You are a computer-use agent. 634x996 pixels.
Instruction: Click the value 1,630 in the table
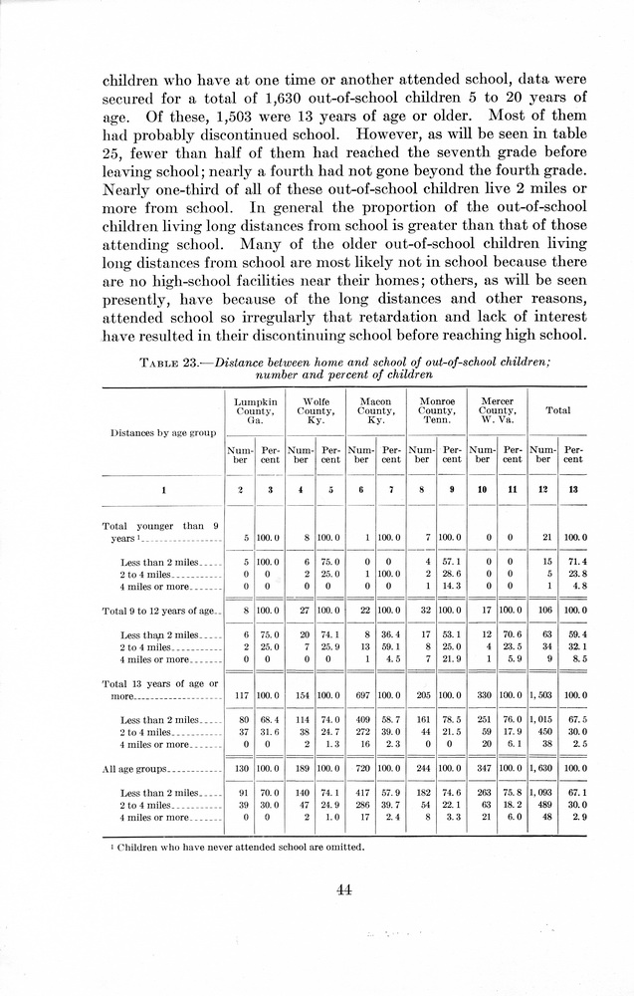pyautogui.click(x=542, y=769)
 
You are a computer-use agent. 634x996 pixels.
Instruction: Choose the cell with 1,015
pyautogui.click(x=542, y=719)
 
